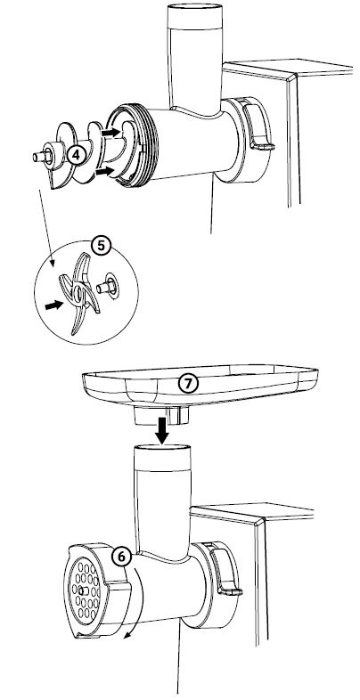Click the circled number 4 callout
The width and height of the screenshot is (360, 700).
click(x=76, y=155)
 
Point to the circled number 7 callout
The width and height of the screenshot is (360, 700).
click(x=188, y=384)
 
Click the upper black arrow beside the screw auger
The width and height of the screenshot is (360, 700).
click(x=110, y=132)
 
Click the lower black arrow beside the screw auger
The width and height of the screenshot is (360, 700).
click(x=105, y=170)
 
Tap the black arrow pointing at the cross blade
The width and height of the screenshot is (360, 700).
click(x=54, y=305)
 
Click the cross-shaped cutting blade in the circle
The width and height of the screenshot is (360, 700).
click(x=78, y=293)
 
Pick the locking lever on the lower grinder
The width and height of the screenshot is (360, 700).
click(x=225, y=572)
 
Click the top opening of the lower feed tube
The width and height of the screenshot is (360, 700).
click(x=162, y=449)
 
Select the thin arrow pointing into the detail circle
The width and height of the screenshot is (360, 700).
click(x=46, y=228)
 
